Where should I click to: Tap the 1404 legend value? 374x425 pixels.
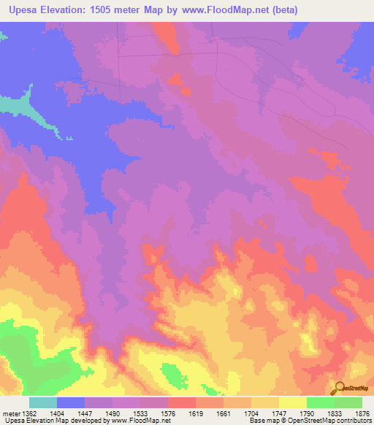(56, 413)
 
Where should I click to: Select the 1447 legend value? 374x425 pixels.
(84, 413)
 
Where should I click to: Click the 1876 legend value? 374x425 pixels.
(362, 413)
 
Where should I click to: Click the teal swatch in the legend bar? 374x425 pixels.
(42, 402)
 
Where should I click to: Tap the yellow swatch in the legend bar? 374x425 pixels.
(292, 402)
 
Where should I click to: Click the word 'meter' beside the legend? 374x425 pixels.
(11, 413)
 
